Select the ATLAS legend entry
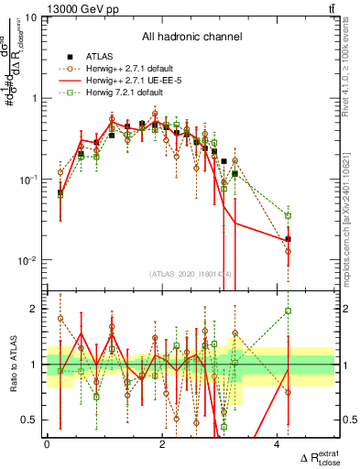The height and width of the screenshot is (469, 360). [x=99, y=55]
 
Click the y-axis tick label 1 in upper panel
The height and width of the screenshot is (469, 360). [x=34, y=98]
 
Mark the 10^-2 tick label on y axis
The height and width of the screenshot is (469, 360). [x=27, y=261]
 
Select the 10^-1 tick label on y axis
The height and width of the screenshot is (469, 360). [x=27, y=180]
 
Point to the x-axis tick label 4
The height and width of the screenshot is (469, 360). [x=277, y=444]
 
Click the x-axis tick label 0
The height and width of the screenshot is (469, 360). [x=47, y=444]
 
